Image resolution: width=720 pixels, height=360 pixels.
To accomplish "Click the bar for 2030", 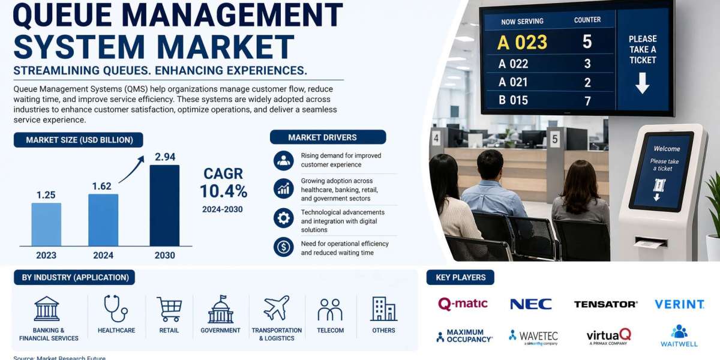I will [x=164, y=205].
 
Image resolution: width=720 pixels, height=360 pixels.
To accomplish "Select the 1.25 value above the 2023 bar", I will [x=46, y=195].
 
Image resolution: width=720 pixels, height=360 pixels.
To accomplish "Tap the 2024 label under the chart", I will [x=103, y=256].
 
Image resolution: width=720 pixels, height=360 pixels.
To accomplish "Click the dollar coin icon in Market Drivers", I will [x=283, y=247].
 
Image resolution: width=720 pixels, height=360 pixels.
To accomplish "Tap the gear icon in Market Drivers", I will [x=283, y=218].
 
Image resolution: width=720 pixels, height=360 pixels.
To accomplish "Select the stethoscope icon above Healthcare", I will [x=116, y=308].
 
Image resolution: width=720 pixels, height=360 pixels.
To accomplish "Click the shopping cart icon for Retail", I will [x=169, y=309].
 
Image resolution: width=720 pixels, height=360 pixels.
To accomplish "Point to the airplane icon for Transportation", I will [x=277, y=308].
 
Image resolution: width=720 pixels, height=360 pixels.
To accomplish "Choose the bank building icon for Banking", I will [x=47, y=308].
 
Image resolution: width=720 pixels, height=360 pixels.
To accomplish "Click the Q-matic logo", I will [x=463, y=304].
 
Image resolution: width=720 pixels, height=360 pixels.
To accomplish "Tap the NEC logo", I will [x=531, y=304].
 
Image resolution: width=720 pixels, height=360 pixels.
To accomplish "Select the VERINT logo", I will [x=679, y=304].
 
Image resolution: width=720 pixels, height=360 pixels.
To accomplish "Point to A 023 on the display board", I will [x=523, y=43].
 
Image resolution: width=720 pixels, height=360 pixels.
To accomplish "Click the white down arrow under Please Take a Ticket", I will [x=642, y=83].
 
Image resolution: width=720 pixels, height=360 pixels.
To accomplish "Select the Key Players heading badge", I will [x=460, y=277].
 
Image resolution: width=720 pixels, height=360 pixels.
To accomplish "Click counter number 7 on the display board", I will [x=587, y=100].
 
